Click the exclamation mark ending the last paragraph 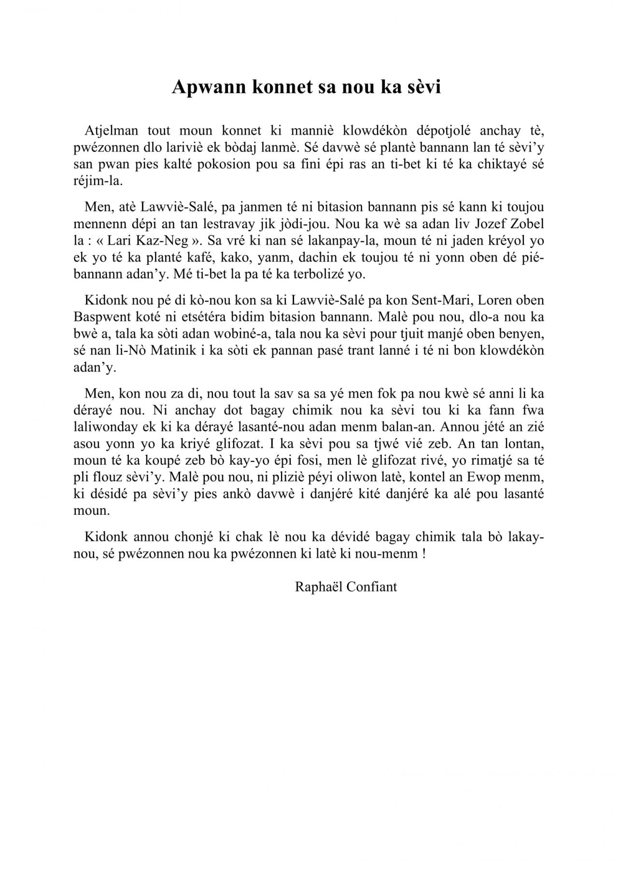(423, 554)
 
